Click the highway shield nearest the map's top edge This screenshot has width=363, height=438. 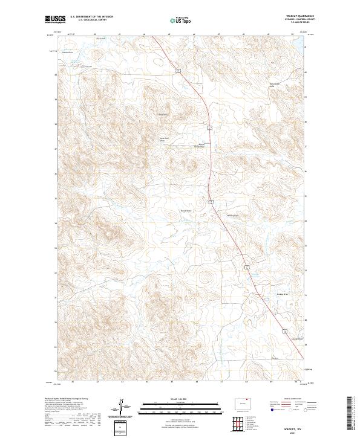coord(178,71)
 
